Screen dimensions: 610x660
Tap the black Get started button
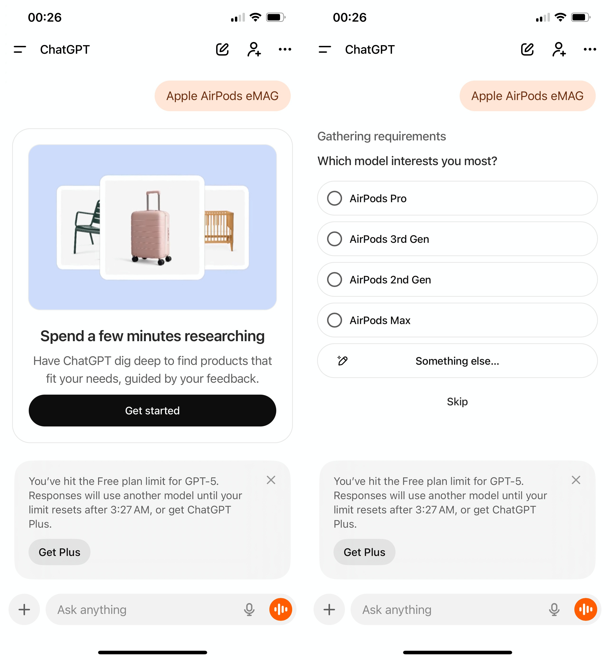[152, 410]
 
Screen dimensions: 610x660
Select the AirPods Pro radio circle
[334, 198]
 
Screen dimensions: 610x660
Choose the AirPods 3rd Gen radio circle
[334, 239]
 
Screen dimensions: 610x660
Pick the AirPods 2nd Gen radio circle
[334, 279]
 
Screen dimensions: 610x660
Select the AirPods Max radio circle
[334, 320]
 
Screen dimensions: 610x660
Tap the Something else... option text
[457, 361]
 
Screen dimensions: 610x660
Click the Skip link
[457, 402]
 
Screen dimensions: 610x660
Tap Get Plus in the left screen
[59, 552]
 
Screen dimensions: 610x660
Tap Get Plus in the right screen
[364, 552]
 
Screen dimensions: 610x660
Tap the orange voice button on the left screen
[281, 609]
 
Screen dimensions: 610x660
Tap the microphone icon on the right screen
[554, 609]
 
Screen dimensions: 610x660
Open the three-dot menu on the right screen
[590, 49]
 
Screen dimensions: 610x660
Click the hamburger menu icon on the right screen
[325, 49]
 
